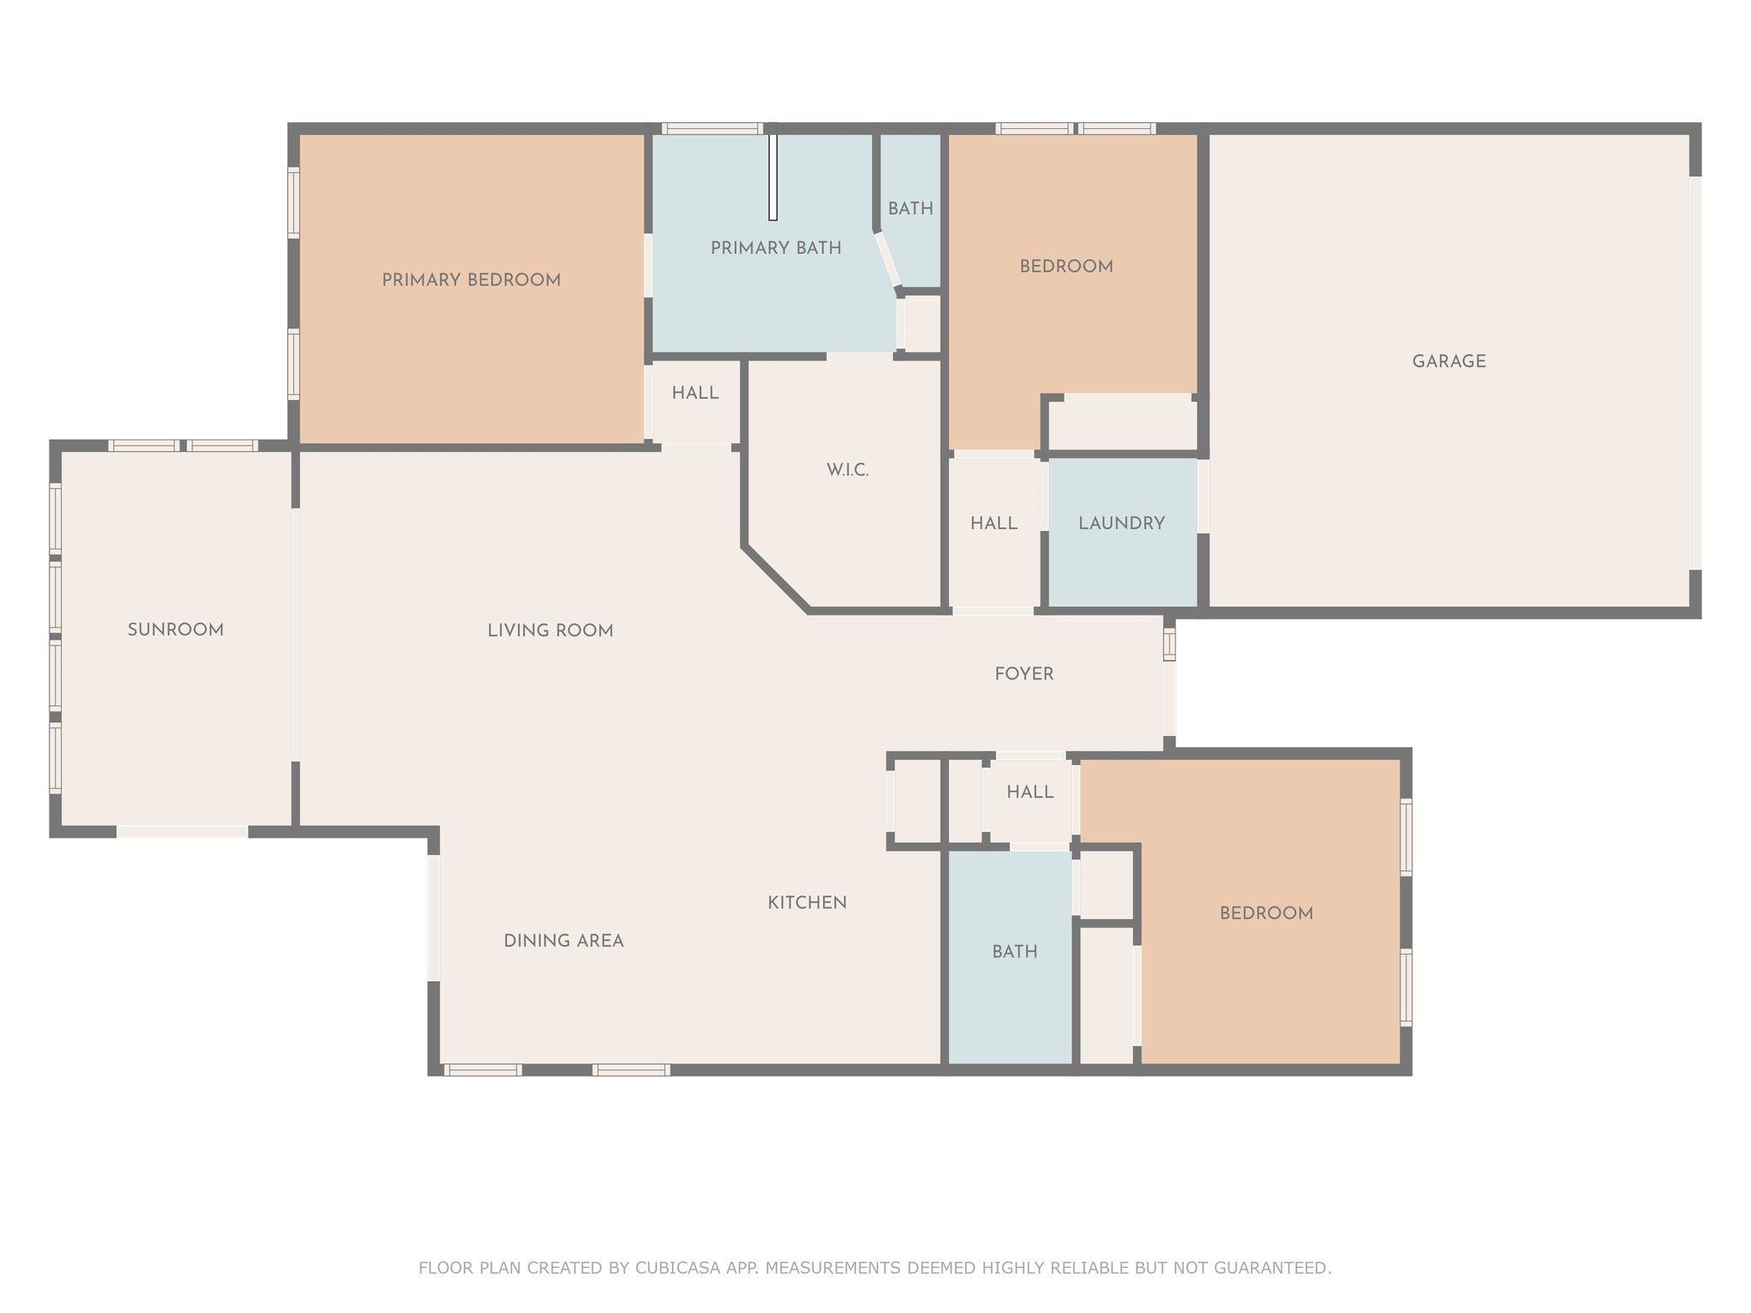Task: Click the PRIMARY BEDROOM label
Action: (471, 280)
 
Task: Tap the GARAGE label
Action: (1448, 362)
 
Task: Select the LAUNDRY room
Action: (1121, 523)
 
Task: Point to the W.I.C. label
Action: (847, 470)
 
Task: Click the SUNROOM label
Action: (175, 630)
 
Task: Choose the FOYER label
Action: (1023, 674)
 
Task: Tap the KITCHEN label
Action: (806, 903)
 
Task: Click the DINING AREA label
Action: (563, 941)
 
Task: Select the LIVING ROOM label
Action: (550, 631)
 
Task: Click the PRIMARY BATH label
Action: (775, 248)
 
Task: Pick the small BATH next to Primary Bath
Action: (910, 209)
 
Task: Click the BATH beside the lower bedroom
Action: (1014, 951)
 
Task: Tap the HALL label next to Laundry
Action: (993, 523)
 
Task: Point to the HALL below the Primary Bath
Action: (694, 393)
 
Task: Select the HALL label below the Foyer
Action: (1029, 792)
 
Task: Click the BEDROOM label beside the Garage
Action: (1065, 267)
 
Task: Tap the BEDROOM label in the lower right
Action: (1265, 914)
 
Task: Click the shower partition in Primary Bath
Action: (772, 178)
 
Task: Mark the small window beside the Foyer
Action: (1169, 642)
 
